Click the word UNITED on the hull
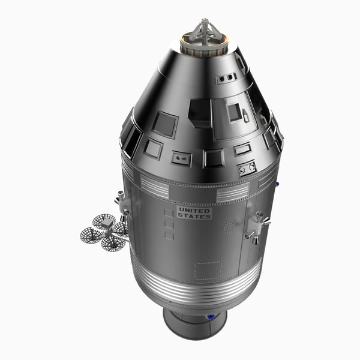[194, 210]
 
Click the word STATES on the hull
[196, 216]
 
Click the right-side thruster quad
[256, 227]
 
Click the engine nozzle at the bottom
[195, 324]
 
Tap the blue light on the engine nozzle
[211, 316]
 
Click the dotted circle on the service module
[229, 227]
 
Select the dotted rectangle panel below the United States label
[207, 270]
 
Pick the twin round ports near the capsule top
[227, 78]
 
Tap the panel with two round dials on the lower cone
[247, 168]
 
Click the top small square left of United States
[169, 212]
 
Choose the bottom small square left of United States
[169, 236]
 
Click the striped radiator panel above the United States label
[232, 193]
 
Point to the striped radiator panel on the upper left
[154, 188]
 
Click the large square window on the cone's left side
[164, 124]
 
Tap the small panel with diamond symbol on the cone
[181, 159]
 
